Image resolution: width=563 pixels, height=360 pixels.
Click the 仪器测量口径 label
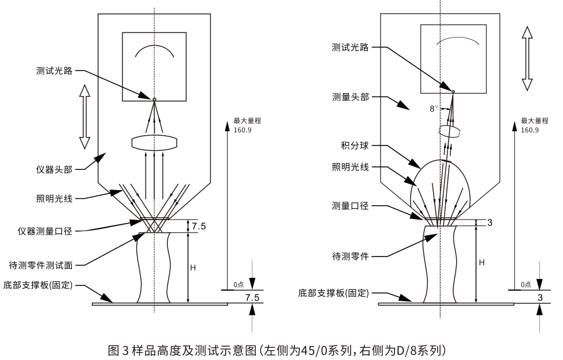46,231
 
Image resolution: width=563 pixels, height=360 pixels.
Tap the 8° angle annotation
434,108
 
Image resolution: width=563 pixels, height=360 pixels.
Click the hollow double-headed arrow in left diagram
84,117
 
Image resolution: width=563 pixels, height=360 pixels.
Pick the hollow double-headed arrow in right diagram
526,57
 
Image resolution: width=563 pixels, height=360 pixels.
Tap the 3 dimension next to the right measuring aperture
490,222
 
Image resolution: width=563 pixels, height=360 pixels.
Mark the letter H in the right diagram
481,263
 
